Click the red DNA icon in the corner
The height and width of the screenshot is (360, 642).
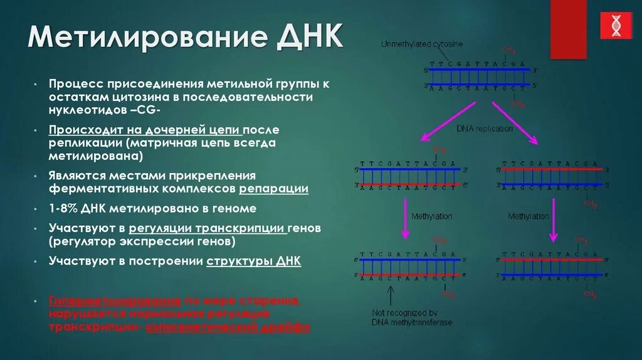(616, 26)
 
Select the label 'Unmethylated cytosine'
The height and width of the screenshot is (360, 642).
(422, 45)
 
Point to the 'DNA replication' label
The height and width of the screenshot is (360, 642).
(484, 129)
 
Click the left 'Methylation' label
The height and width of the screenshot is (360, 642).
(431, 216)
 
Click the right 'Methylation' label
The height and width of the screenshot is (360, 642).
(528, 216)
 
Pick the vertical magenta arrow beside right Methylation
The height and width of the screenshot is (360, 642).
(553, 220)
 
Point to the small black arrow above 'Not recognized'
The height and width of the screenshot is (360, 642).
(391, 295)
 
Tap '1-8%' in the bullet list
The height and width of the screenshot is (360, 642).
(64, 208)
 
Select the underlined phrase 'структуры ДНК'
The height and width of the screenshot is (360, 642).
(253, 261)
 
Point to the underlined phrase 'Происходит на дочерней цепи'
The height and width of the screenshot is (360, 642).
(145, 130)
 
